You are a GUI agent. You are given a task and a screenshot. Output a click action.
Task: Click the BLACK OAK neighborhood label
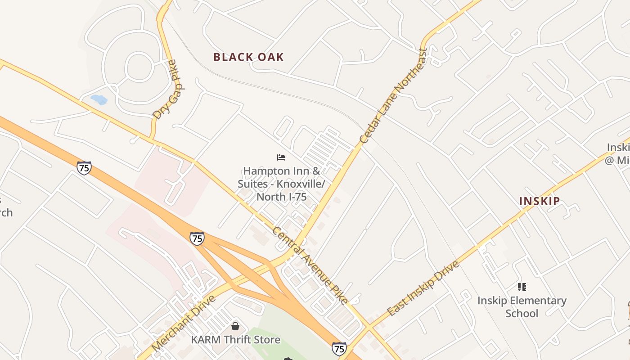248,57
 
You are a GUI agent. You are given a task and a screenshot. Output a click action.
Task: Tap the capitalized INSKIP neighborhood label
540,201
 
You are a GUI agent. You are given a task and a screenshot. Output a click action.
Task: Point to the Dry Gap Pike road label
165,90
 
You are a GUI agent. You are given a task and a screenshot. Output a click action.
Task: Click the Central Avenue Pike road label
310,265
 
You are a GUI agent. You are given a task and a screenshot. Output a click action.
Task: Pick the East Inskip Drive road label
423,288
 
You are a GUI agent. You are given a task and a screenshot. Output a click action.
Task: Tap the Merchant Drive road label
184,323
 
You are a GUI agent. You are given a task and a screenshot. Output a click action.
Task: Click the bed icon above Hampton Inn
281,157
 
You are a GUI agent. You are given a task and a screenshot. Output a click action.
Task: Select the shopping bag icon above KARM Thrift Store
235,326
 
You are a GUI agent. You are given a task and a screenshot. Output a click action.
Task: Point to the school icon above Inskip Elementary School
522,287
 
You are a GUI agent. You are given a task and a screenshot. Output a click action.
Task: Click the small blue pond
99,99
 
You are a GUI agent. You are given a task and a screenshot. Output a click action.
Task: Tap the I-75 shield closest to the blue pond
84,168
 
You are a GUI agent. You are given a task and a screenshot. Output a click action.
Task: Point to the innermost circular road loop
139,67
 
